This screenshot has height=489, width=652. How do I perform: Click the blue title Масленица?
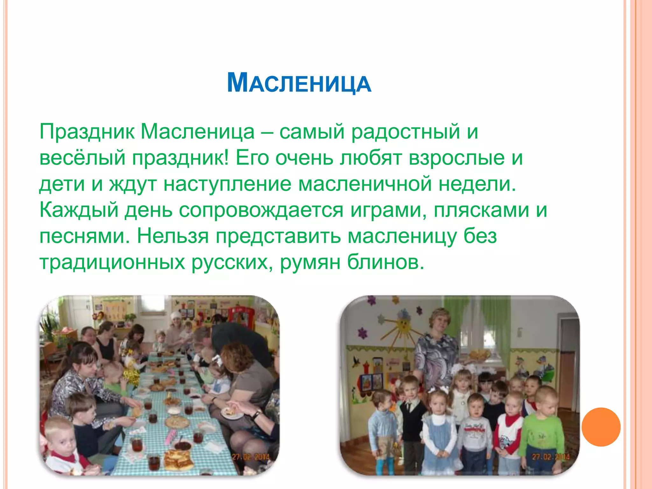299,83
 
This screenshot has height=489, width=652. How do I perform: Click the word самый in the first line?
312,131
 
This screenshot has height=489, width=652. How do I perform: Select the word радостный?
406,131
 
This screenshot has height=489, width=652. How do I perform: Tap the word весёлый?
82,158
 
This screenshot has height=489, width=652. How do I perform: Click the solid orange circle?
601,427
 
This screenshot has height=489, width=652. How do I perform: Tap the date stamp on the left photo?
251,457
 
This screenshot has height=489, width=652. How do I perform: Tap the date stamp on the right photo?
551,457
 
